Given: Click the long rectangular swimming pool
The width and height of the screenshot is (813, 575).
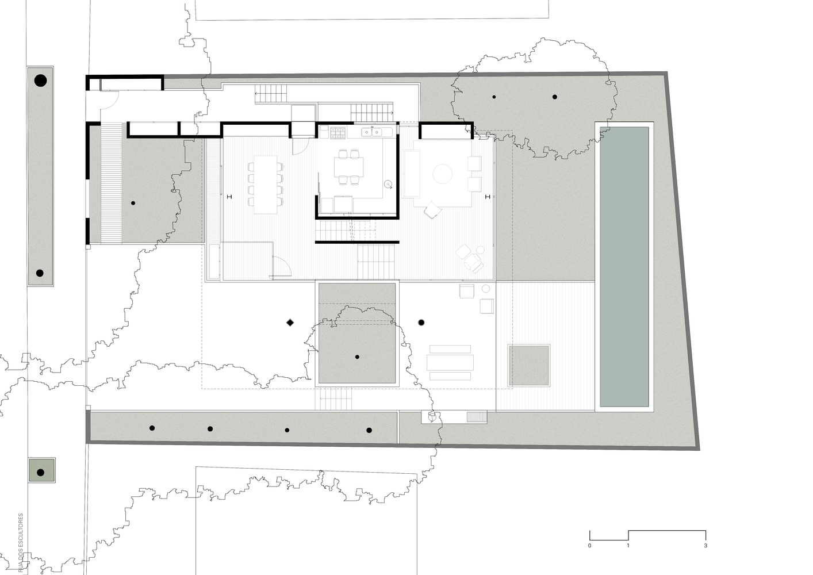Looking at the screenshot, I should pyautogui.click(x=624, y=266).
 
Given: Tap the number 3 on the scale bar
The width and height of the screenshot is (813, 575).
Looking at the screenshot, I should pyautogui.click(x=705, y=545).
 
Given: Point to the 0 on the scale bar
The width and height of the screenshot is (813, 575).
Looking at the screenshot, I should pyautogui.click(x=589, y=545).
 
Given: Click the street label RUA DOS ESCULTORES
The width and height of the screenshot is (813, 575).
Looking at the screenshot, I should pyautogui.click(x=21, y=543).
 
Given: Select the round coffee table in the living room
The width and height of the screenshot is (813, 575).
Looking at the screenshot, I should pyautogui.click(x=443, y=174).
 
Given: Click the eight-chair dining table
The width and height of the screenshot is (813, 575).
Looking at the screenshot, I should pyautogui.click(x=265, y=184).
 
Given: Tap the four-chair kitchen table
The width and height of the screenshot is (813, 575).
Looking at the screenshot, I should pyautogui.click(x=349, y=167).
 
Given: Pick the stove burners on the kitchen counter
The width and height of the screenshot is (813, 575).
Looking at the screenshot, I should pyautogui.click(x=338, y=133).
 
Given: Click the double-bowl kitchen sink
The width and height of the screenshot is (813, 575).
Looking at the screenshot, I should pyautogui.click(x=373, y=133).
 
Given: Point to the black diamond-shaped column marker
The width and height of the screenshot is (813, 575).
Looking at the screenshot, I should pyautogui.click(x=290, y=323).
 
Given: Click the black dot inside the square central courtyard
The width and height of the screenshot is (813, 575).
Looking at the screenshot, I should pyautogui.click(x=357, y=357).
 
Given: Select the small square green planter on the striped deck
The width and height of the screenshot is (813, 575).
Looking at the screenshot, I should pyautogui.click(x=528, y=365).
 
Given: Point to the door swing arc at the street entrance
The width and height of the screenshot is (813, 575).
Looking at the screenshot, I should pyautogui.click(x=112, y=102).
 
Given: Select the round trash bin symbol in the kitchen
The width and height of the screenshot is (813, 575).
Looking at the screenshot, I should pyautogui.click(x=388, y=185).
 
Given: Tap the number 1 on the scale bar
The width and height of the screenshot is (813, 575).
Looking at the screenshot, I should pyautogui.click(x=628, y=545).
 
